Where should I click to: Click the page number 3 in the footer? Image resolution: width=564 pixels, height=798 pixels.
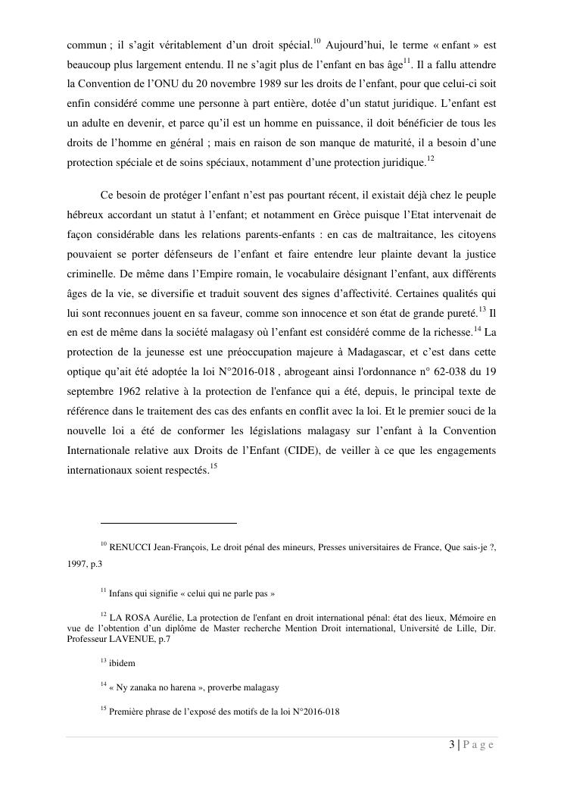(451, 745)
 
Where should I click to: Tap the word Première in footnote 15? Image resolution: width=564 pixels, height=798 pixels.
(128, 712)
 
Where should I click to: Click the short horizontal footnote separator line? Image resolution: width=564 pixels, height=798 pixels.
(168, 522)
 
